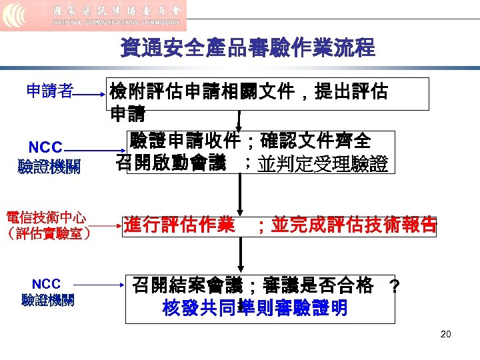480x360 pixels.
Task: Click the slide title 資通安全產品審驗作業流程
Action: click(247, 49)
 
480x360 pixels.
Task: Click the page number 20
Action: click(445, 333)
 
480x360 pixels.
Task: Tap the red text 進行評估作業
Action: click(179, 225)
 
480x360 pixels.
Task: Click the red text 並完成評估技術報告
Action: click(353, 225)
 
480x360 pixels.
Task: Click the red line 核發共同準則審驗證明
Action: click(255, 309)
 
